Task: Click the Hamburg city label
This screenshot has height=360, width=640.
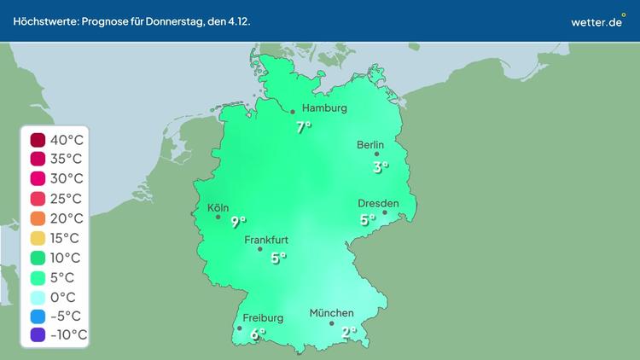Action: coord(324,108)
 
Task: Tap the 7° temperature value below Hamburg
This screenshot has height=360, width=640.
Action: coord(303,128)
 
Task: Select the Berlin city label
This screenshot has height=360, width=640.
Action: coord(371,145)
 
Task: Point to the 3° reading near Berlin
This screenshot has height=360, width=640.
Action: coord(381,167)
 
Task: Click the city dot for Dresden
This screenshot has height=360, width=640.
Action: coord(385,212)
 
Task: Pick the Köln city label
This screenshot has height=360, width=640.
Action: coord(218,207)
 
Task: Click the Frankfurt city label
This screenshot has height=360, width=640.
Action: coord(266,241)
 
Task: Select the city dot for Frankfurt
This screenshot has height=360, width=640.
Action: coord(260,249)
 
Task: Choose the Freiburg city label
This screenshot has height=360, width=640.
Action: coord(263,318)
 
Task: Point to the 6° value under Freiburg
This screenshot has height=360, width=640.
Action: coord(258,335)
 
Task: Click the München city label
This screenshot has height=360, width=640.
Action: coord(331,313)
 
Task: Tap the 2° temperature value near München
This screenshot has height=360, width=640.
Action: coord(349,333)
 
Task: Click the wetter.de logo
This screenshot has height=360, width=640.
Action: coord(598,21)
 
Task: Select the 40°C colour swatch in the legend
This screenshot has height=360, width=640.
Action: coord(38,140)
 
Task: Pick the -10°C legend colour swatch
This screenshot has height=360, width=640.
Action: coord(38,335)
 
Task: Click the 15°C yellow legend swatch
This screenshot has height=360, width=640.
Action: coord(38,238)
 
